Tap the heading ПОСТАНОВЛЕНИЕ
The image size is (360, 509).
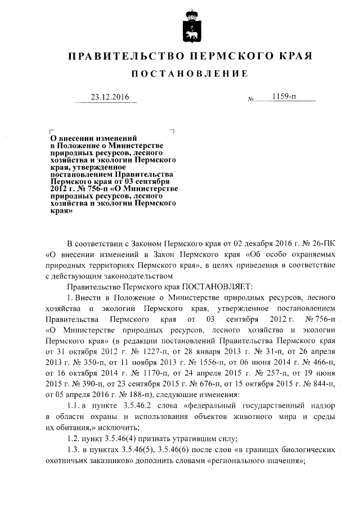(x=189, y=74)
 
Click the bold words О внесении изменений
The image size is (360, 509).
(x=93, y=137)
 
